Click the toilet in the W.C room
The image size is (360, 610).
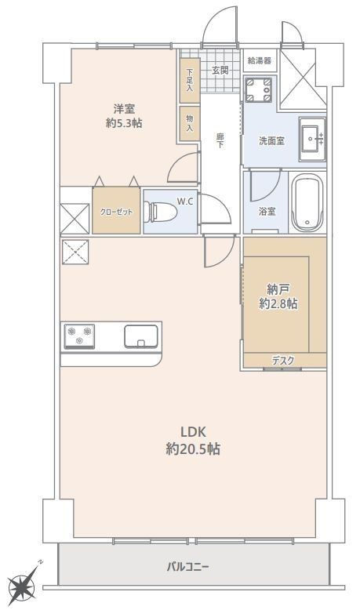(160, 212)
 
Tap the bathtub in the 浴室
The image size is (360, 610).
(307, 202)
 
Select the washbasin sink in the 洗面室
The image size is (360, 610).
(312, 139)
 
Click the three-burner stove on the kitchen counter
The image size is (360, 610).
(79, 336)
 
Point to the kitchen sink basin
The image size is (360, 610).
(141, 336)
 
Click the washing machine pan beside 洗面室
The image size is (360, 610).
(258, 89)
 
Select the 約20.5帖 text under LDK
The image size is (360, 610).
(193, 449)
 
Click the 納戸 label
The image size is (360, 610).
(278, 289)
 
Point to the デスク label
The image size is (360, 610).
(283, 361)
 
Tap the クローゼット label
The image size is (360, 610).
(116, 212)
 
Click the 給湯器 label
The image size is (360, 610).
(260, 60)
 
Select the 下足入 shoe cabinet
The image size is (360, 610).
(190, 81)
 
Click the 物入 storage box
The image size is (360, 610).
(190, 123)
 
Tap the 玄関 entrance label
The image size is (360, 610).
(220, 71)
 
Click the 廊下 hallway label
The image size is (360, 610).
(220, 141)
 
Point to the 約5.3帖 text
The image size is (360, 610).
(124, 123)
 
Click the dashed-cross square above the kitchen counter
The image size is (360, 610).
(75, 252)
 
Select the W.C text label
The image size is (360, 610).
(185, 202)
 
